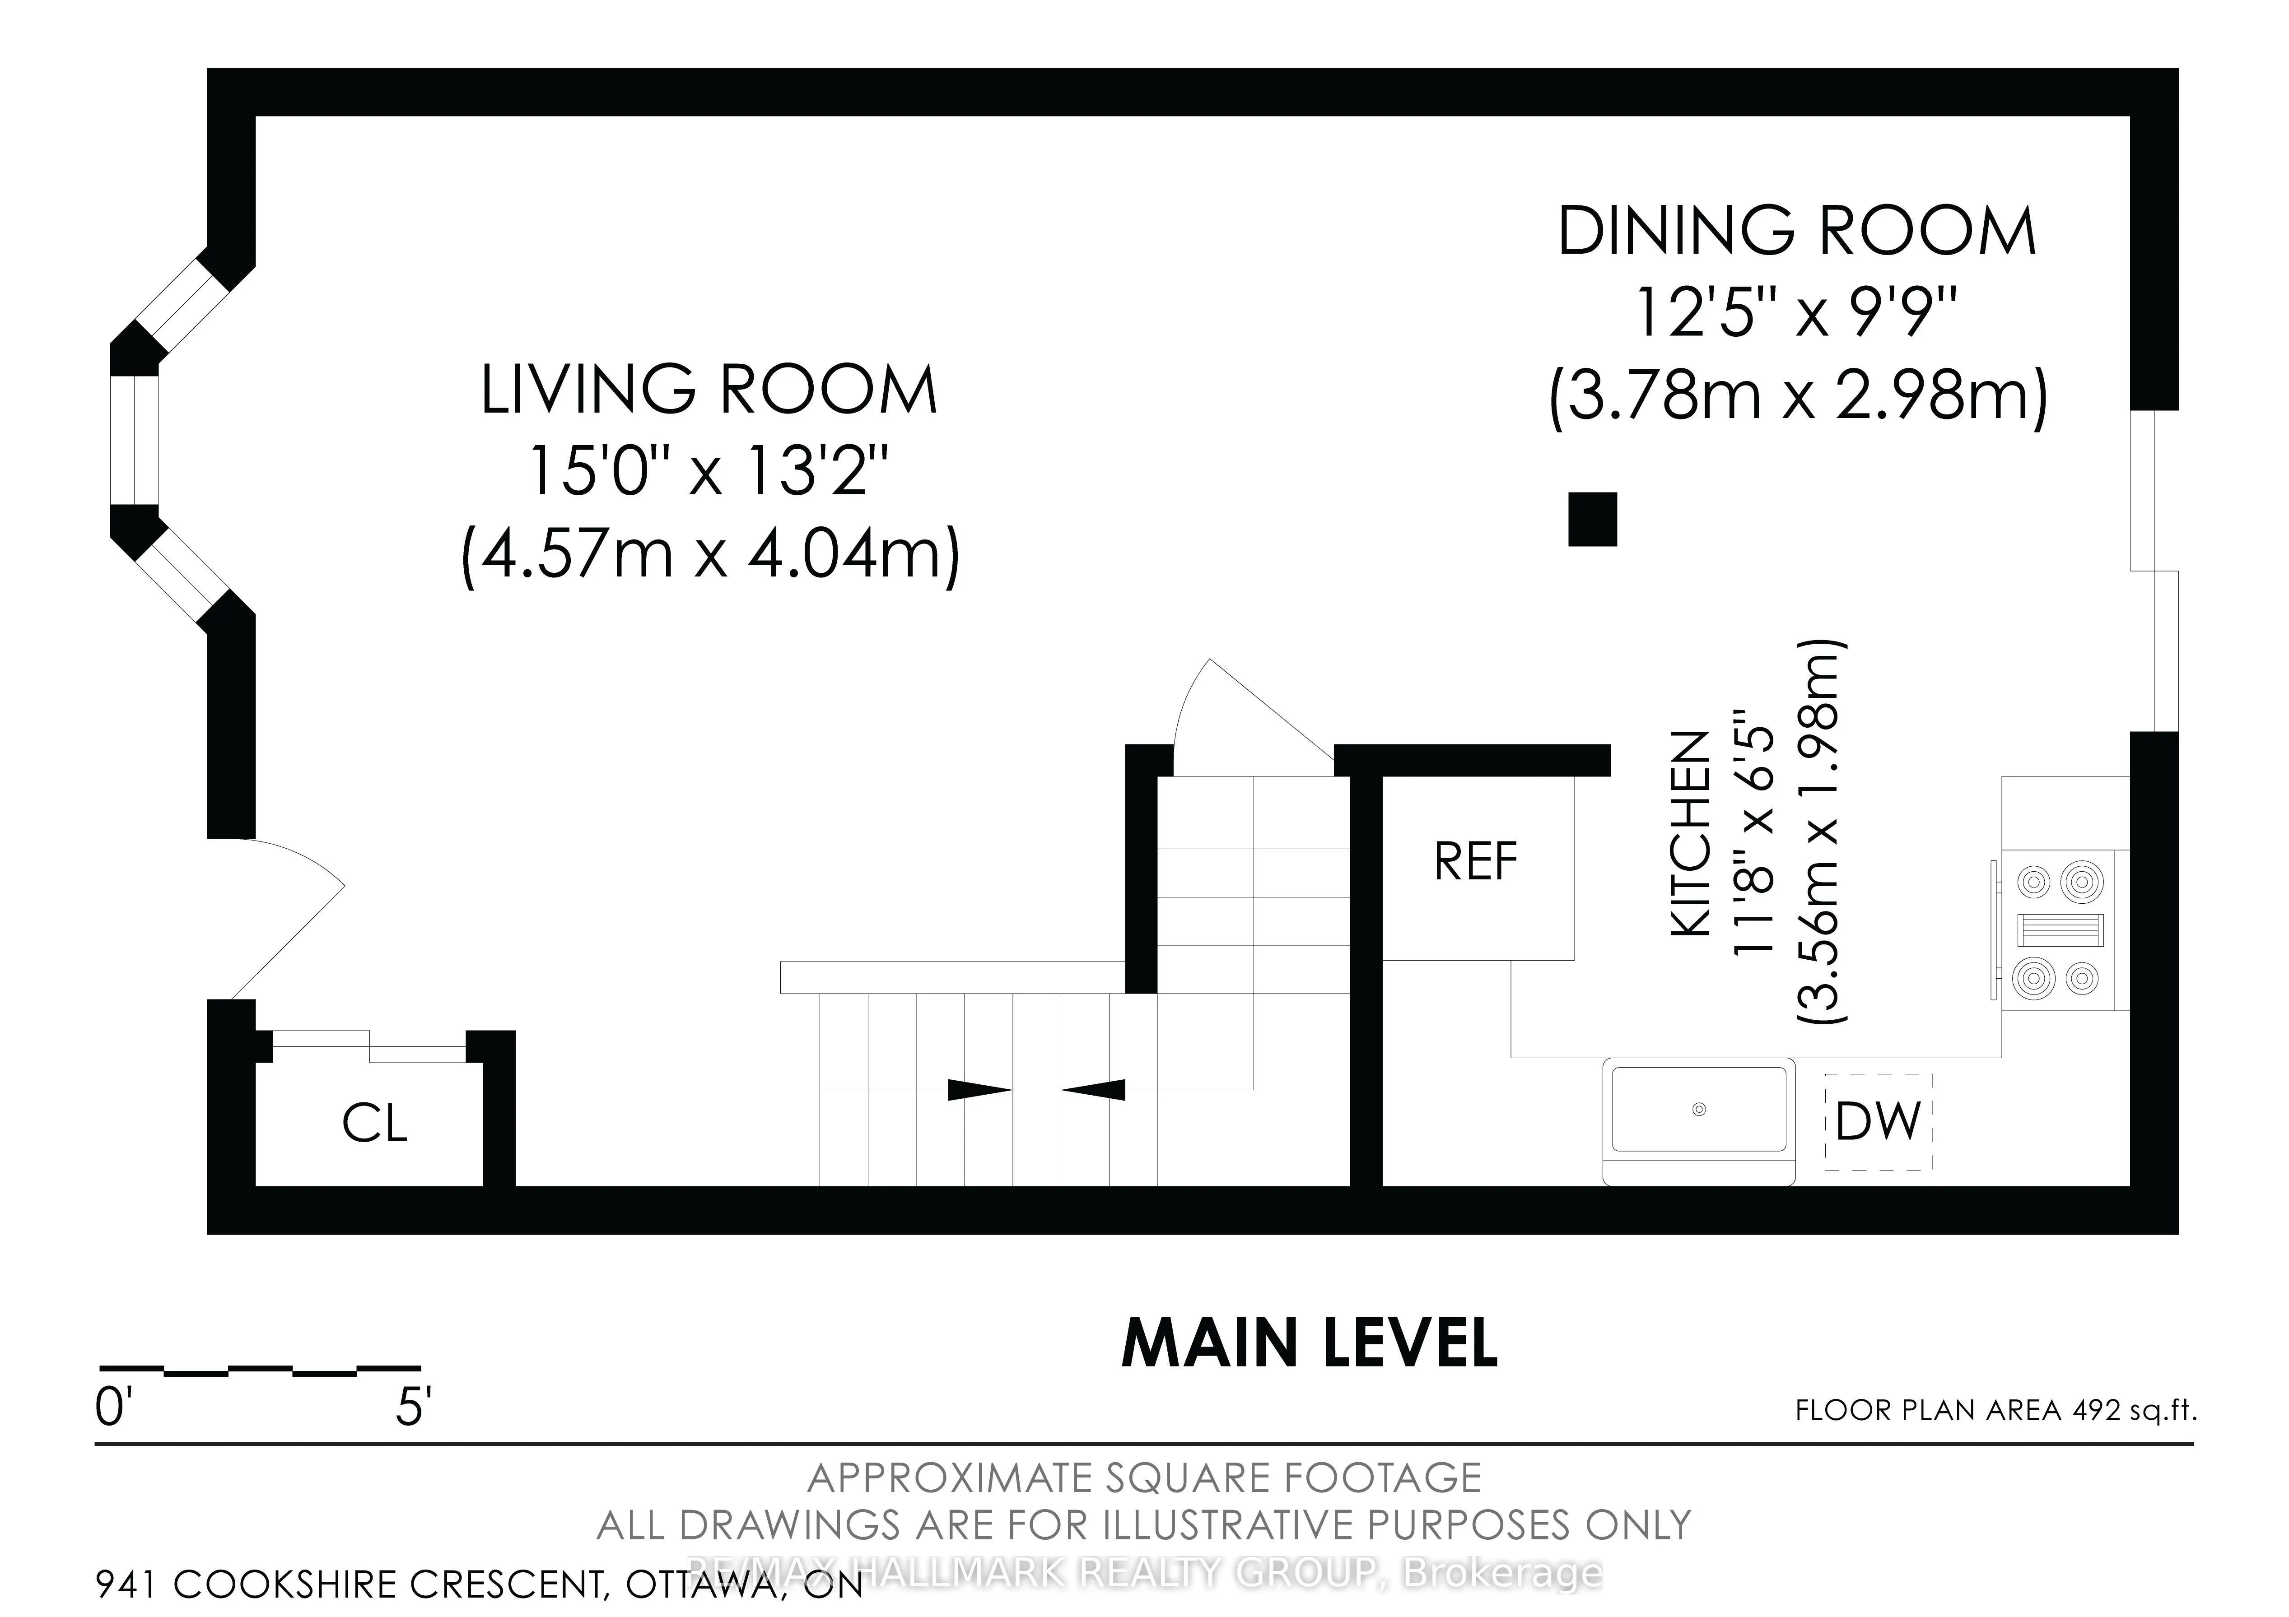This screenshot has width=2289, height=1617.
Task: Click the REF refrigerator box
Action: click(x=1475, y=861)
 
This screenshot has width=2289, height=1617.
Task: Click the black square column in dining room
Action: click(x=1592, y=520)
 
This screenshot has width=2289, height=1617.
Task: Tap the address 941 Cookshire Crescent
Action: click(x=479, y=1583)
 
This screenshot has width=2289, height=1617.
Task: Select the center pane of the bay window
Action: click(x=135, y=440)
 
